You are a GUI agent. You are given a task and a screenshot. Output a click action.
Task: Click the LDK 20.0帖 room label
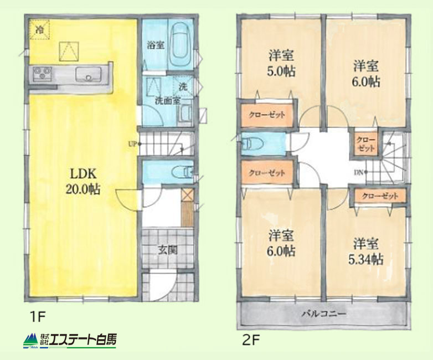83,182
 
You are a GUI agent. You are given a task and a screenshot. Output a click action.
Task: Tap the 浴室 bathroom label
156,45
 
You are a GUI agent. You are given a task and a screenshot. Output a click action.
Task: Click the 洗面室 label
167,101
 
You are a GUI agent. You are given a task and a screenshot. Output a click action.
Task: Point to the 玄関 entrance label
168,250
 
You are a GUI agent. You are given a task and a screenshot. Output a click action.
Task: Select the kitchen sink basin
89,74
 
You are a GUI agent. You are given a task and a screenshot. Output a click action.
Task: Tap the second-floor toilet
252,143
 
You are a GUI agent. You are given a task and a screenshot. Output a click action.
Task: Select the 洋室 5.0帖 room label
281,64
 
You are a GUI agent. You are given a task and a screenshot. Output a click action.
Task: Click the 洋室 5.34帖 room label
365,251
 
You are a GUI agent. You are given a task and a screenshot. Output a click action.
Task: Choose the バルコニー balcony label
324,314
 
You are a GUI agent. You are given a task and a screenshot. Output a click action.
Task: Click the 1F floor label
37,317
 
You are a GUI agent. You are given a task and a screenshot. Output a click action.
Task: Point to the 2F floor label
251,340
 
